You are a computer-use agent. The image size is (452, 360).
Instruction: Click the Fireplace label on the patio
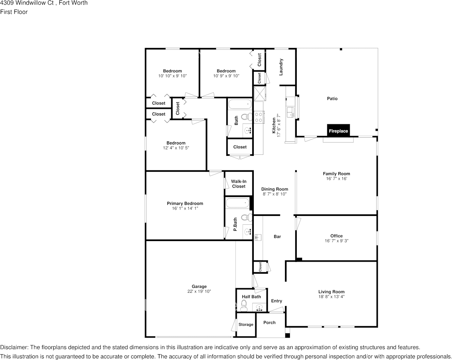338,131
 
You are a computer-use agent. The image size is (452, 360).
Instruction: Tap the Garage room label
199,287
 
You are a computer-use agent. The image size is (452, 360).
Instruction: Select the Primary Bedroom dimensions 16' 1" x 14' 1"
185,208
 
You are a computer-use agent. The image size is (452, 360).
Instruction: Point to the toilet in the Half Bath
244,305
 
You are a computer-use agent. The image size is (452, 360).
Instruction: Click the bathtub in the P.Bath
238,203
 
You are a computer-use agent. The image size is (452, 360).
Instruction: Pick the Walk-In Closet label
239,184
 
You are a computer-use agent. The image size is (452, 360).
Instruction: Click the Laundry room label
281,67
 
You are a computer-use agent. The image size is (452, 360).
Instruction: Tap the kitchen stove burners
259,117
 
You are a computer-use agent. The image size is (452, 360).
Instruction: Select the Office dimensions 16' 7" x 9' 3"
336,241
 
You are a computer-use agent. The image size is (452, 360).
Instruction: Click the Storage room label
246,324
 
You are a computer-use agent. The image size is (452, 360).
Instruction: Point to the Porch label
269,322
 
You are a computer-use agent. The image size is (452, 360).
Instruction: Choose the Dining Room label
274,189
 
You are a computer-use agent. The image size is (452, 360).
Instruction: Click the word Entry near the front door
277,301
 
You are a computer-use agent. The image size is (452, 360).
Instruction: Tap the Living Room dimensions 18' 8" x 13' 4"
331,297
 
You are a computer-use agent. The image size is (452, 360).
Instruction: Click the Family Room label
336,174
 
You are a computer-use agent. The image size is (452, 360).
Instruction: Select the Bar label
277,236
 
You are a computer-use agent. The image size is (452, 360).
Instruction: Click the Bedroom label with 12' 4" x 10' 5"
176,143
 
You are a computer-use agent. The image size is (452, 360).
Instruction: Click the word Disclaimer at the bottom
14,347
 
